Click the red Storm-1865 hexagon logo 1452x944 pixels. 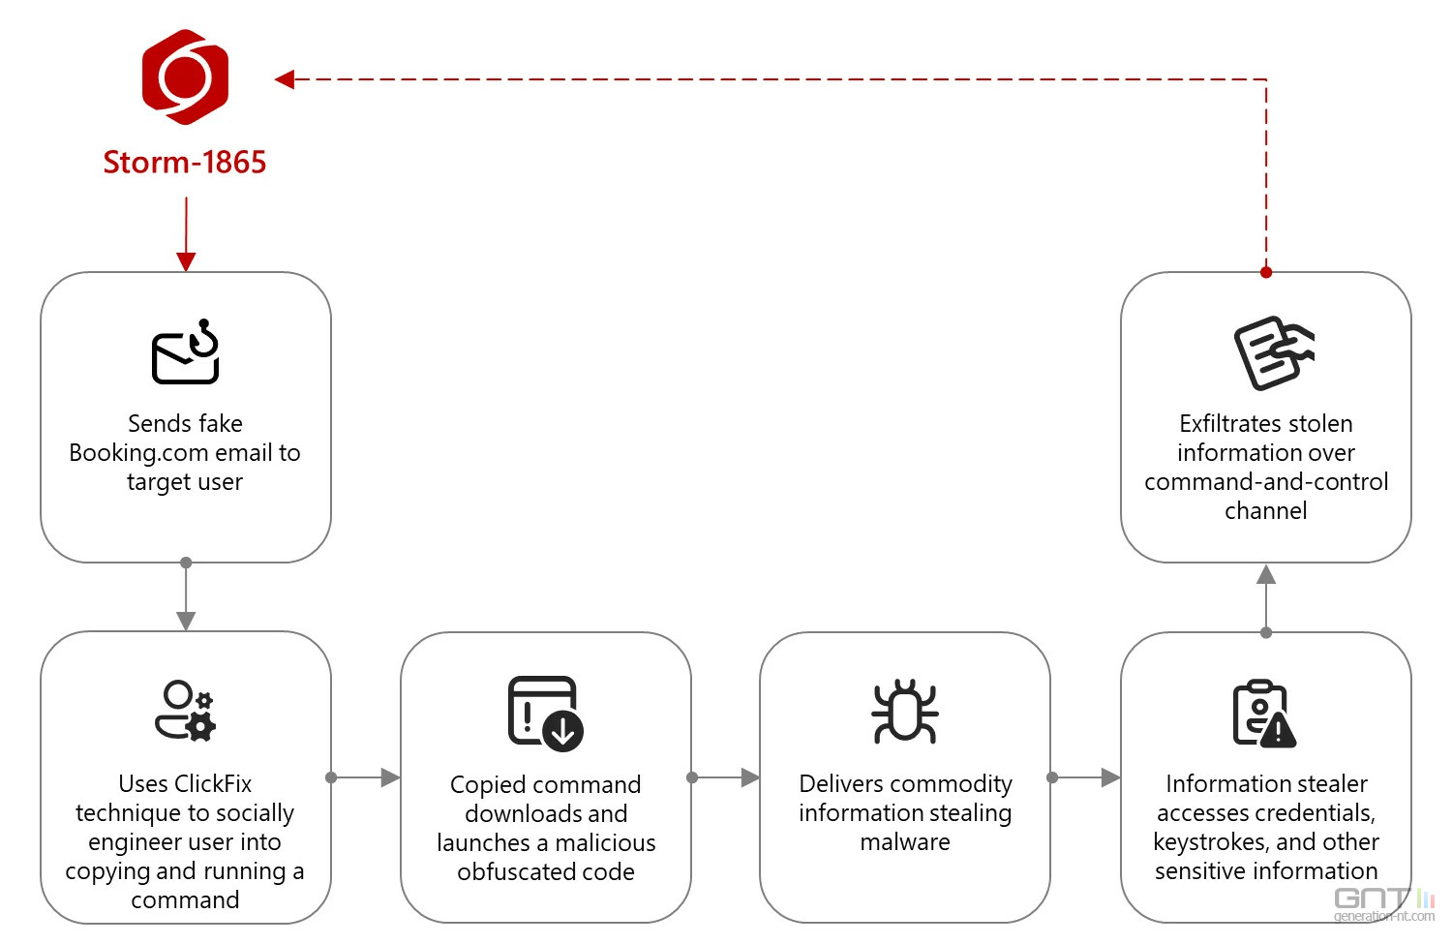pyautogui.click(x=186, y=76)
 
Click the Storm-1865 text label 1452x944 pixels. pyautogui.click(x=185, y=162)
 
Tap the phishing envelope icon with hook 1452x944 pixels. pyautogui.click(x=186, y=351)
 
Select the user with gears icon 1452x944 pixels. pyautogui.click(x=186, y=711)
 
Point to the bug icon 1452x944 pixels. pyautogui.click(x=905, y=712)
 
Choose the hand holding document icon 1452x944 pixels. pyautogui.click(x=1274, y=352)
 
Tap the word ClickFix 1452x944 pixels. pyautogui.click(x=213, y=784)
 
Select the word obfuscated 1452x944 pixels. pyautogui.click(x=510, y=872)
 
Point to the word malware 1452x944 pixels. pyautogui.click(x=905, y=842)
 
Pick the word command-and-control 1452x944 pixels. pyautogui.click(x=1266, y=482)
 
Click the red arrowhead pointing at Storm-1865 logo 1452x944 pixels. pyautogui.click(x=285, y=79)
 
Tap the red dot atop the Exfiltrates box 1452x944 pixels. pyautogui.click(x=1266, y=272)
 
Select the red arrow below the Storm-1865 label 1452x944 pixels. pyautogui.click(x=186, y=234)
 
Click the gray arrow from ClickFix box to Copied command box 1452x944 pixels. pyautogui.click(x=365, y=777)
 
